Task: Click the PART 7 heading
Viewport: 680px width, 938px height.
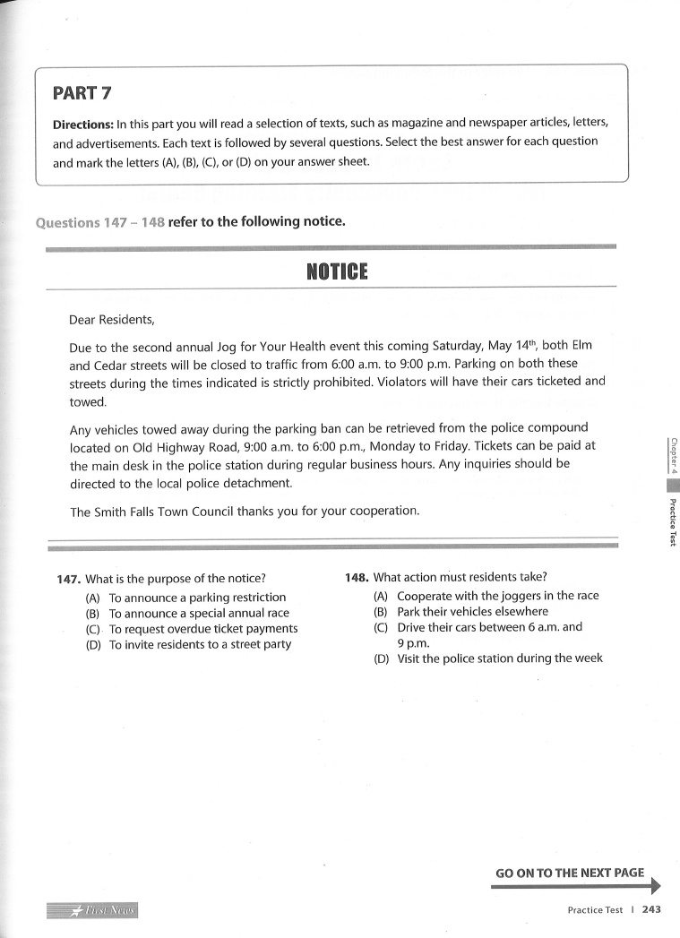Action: (82, 92)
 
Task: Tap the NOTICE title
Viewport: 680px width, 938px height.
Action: (337, 271)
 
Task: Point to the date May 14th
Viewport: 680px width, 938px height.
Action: (512, 346)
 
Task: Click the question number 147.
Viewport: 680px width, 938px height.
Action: (69, 579)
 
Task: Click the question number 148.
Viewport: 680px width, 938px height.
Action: (357, 578)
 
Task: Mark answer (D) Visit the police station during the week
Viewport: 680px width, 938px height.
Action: (488, 658)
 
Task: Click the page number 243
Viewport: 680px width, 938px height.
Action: (651, 909)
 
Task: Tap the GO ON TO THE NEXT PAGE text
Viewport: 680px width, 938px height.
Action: (570, 873)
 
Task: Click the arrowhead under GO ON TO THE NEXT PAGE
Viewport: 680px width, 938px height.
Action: (655, 886)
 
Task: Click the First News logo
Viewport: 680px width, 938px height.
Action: (93, 910)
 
